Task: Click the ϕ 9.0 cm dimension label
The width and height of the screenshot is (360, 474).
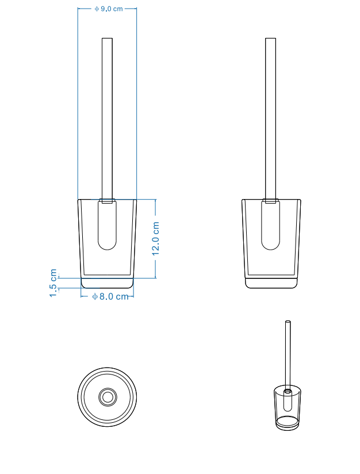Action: [109, 9]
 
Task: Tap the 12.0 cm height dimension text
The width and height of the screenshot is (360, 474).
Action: [155, 239]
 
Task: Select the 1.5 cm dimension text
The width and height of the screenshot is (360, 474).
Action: [53, 283]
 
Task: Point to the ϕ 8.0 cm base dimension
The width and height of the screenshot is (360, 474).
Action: [110, 297]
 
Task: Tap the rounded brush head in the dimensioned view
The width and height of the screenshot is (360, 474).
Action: [108, 225]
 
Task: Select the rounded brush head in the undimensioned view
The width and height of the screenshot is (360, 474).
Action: [270, 225]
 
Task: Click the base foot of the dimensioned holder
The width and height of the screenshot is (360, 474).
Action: [108, 282]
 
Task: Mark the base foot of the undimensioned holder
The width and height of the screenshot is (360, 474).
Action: [271, 282]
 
